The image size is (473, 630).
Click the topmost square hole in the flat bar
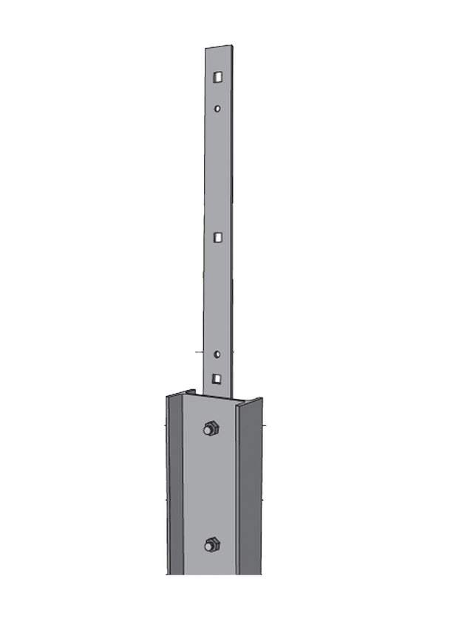pyautogui.click(x=217, y=76)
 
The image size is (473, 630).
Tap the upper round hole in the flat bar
pyautogui.click(x=217, y=109)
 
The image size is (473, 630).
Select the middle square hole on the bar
pyautogui.click(x=217, y=237)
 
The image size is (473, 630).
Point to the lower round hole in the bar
pyautogui.click(x=217, y=355)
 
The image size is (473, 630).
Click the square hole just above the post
pyautogui.click(x=217, y=379)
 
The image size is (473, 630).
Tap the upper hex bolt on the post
pyautogui.click(x=211, y=428)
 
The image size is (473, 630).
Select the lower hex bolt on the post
pyautogui.click(x=211, y=545)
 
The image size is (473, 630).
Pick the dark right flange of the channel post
pyautogui.click(x=251, y=487)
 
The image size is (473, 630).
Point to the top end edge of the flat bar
pyautogui.click(x=219, y=48)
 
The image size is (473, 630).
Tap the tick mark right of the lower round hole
pyautogui.click(x=238, y=354)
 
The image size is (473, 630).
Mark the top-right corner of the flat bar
pyautogui.click(x=232, y=46)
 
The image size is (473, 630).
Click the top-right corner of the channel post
pyautogui.click(x=262, y=399)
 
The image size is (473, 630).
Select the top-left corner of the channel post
pyautogui.click(x=167, y=396)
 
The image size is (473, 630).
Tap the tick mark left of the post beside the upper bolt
pyautogui.click(x=161, y=427)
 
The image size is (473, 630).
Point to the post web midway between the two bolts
pyautogui.click(x=211, y=487)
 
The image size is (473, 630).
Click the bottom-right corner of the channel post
pyautogui.click(x=261, y=574)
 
